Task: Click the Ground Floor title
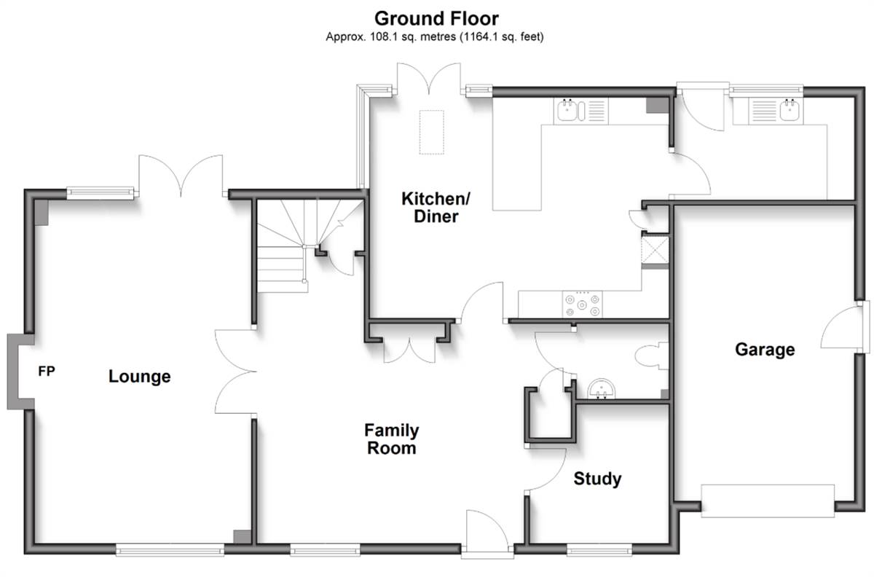coord(436,19)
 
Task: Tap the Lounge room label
coord(140,377)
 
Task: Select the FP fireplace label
coord(47,371)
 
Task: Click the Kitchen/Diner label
coord(436,208)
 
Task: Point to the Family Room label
coord(392,439)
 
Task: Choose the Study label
coord(597,479)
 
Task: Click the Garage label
coord(765,350)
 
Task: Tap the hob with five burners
coord(582,305)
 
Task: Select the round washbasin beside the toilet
coord(601,389)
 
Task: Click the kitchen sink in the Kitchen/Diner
coord(581,111)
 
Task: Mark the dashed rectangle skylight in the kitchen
coord(431,132)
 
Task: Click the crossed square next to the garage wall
coord(655,250)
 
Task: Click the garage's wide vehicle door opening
coord(768,501)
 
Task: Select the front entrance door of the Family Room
coord(487,533)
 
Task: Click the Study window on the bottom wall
coord(599,551)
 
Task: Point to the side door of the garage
coord(846,327)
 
